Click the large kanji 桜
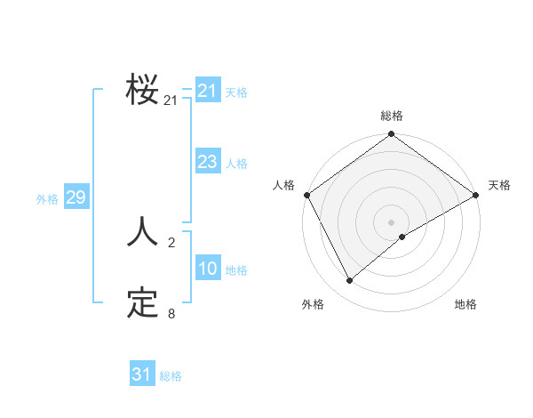tap(142, 90)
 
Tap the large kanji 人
tap(142, 232)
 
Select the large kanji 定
tap(142, 303)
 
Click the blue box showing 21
tap(207, 91)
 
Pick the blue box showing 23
tap(207, 162)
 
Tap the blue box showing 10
tap(207, 269)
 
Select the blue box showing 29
tap(76, 197)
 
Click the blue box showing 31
tap(141, 374)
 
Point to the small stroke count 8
tap(171, 313)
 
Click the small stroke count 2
tap(171, 242)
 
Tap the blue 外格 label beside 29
tap(47, 199)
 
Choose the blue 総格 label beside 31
tap(171, 376)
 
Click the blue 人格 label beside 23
tap(236, 164)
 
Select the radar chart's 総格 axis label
tap(392, 116)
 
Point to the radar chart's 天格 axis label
tap(499, 185)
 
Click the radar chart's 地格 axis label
tap(465, 304)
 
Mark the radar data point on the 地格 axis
tap(402, 237)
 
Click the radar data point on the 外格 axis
tap(349, 281)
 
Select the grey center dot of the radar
tap(392, 221)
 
